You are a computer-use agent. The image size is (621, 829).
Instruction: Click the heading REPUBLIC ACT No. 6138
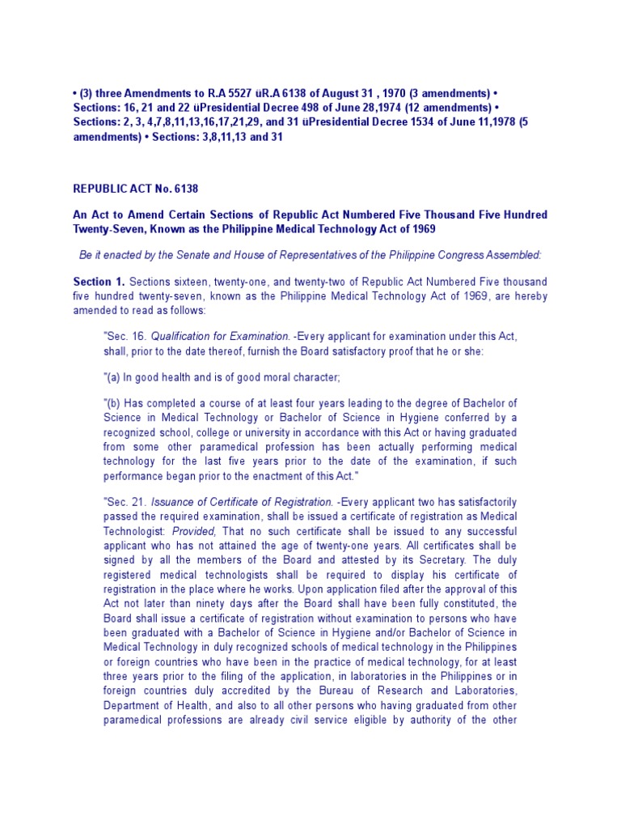135,189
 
